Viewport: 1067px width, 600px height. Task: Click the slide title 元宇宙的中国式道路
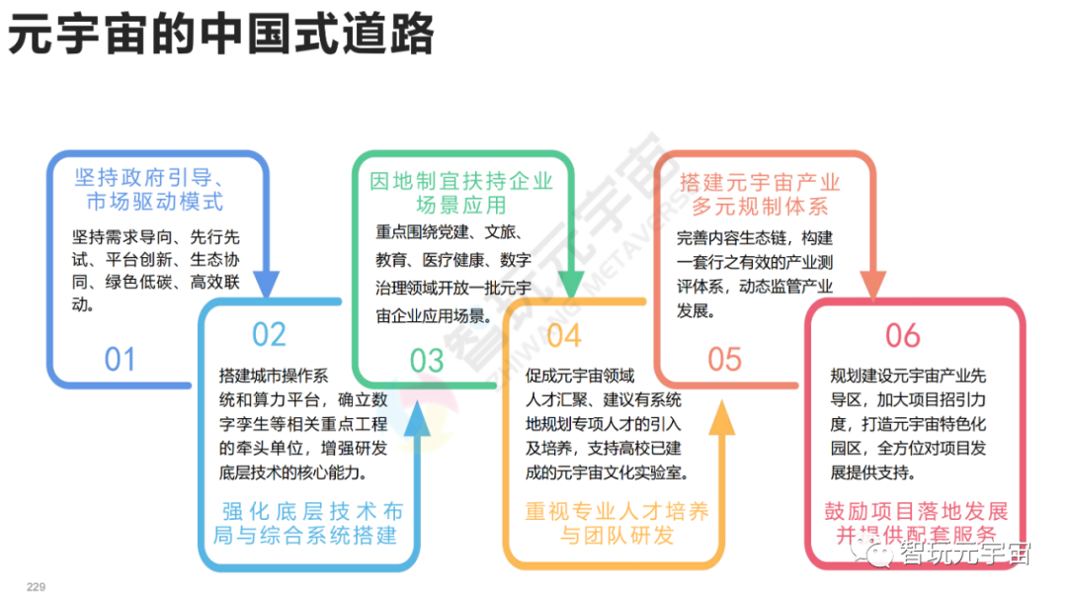coord(221,36)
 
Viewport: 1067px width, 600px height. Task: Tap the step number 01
coord(120,359)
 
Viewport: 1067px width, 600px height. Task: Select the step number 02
coord(269,335)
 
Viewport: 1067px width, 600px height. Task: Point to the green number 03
coord(427,361)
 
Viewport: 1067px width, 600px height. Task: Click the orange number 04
coord(563,336)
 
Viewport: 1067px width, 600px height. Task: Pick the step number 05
coord(724,359)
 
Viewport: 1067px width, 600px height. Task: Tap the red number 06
coord(902,336)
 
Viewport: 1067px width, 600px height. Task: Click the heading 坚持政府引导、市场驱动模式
coord(154,190)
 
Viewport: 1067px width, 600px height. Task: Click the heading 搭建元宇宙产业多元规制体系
coord(760,195)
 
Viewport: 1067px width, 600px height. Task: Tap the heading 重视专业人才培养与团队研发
coord(616,524)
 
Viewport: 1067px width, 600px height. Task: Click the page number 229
coord(36,587)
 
